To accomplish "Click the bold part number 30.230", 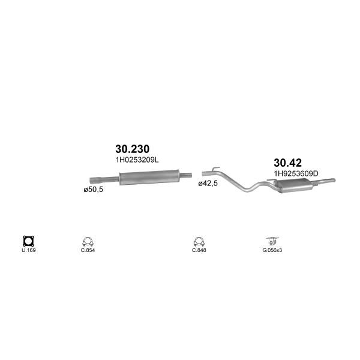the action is coord(132,149).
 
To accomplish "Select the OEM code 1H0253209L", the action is coord(137,160).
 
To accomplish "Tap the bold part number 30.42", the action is coord(287,163).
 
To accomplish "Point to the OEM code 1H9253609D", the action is coord(296,173).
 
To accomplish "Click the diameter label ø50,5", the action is coord(93,190).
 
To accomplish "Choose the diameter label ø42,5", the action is coord(208,183).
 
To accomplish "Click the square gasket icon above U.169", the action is coord(28,241).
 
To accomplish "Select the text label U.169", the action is coord(29,250).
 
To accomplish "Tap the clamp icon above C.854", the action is coord(88,242).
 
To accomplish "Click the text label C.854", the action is coord(88,250).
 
